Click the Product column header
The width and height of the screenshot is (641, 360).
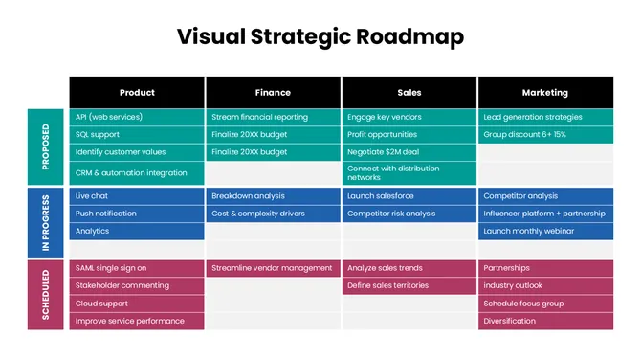(x=137, y=93)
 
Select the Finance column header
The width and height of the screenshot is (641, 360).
(x=273, y=93)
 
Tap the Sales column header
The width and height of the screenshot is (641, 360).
(x=409, y=93)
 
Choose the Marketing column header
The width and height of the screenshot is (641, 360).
(x=545, y=93)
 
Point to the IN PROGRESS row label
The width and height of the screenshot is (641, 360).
(x=47, y=222)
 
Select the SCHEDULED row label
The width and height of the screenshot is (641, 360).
(x=47, y=294)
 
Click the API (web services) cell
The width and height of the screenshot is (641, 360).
(x=137, y=117)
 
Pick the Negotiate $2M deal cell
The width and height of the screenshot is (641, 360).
(x=409, y=152)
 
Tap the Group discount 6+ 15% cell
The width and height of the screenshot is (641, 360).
(x=545, y=135)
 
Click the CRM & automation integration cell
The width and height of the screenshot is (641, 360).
(x=137, y=173)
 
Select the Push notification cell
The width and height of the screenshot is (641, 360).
(x=137, y=214)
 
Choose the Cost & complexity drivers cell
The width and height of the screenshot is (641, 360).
(x=273, y=214)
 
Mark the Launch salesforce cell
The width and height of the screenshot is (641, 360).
(x=409, y=196)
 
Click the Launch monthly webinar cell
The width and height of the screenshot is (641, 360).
(x=545, y=231)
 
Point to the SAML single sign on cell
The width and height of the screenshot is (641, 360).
(x=137, y=268)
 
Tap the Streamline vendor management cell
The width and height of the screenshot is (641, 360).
(x=273, y=268)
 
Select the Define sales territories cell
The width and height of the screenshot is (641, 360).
(x=409, y=285)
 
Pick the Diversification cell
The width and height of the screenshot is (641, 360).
(x=545, y=321)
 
